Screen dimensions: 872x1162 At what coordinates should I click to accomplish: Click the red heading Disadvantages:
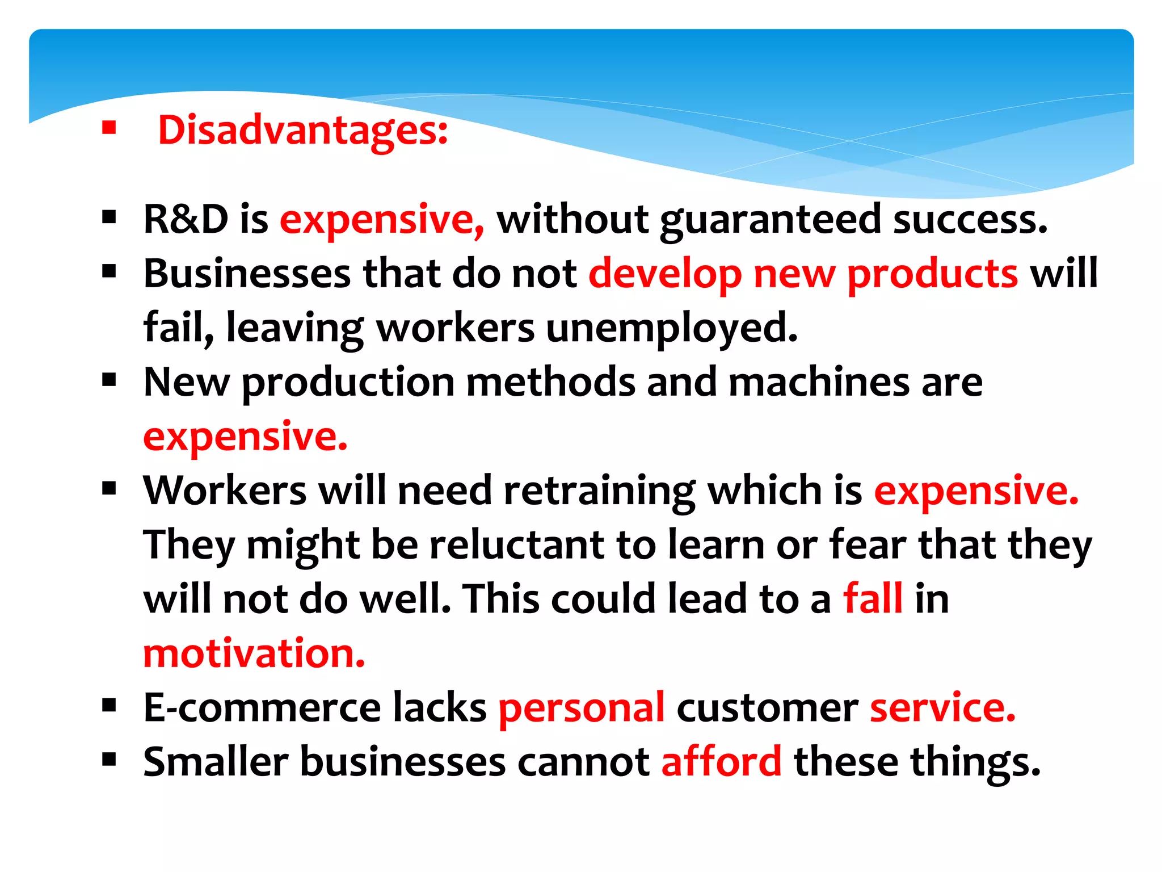click(302, 131)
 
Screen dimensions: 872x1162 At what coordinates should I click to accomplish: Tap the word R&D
click(186, 219)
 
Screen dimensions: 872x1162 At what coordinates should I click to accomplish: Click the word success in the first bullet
click(969, 220)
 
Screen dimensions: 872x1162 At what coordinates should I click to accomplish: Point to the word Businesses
click(247, 274)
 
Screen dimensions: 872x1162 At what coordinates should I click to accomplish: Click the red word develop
click(664, 275)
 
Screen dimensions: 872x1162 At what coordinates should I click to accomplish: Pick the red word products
click(932, 275)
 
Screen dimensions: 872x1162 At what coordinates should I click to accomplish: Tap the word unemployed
click(671, 328)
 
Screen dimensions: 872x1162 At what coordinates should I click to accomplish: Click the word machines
click(819, 382)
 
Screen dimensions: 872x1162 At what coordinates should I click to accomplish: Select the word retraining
click(599, 491)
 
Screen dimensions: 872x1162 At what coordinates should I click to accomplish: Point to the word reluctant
click(517, 545)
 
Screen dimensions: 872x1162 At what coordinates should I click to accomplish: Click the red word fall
click(873, 599)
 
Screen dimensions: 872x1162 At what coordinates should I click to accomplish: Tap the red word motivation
click(254, 653)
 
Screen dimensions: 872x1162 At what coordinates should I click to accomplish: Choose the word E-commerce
click(262, 708)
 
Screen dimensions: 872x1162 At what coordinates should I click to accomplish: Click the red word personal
click(581, 708)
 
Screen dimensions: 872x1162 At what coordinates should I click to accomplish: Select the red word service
click(942, 708)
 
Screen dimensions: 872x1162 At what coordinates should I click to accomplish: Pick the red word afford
click(721, 762)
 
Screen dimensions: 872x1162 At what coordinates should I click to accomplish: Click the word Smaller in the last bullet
click(216, 762)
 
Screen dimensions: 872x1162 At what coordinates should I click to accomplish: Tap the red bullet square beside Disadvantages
click(109, 128)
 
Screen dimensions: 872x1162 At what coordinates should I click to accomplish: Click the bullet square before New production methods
click(109, 379)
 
